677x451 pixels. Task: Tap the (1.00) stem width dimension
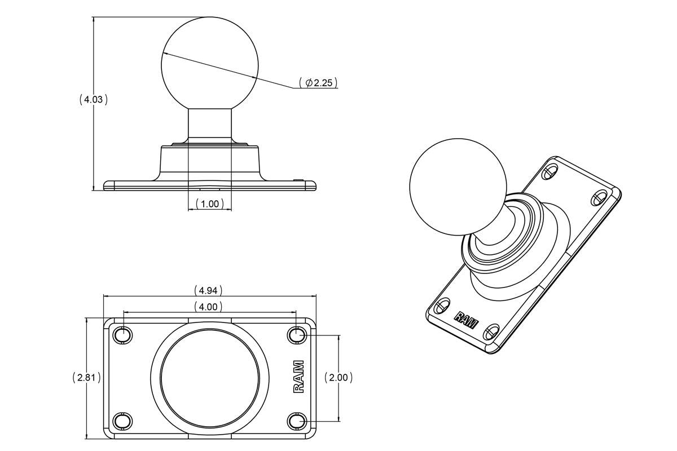(x=209, y=204)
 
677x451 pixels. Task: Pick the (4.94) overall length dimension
(x=208, y=290)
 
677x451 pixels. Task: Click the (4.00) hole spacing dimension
(x=208, y=307)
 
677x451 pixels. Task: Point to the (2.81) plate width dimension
(x=87, y=378)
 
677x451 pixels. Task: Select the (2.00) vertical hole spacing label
(x=338, y=378)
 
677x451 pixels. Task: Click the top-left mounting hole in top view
(x=122, y=335)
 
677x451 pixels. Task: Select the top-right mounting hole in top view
(x=297, y=335)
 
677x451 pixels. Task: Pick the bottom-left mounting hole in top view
(x=122, y=421)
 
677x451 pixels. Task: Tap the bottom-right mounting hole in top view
(x=297, y=421)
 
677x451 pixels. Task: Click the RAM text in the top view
(x=298, y=377)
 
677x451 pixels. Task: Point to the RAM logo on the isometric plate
(x=466, y=320)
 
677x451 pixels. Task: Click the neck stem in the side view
(x=209, y=125)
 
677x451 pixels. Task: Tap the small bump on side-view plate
(x=299, y=180)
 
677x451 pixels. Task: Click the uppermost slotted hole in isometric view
(x=549, y=170)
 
